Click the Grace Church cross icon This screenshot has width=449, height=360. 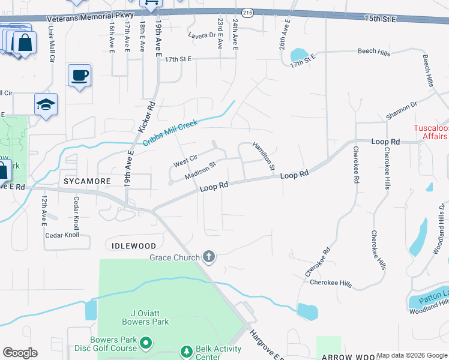pyautogui.click(x=209, y=257)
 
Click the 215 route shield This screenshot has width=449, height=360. pyautogui.click(x=248, y=11)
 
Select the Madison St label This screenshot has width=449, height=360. pyautogui.click(x=200, y=169)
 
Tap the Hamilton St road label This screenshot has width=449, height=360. pyautogui.click(x=264, y=155)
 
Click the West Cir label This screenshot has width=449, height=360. pyautogui.click(x=185, y=161)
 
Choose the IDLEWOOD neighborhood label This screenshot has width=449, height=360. pyautogui.click(x=134, y=246)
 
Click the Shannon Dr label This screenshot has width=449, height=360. pyautogui.click(x=402, y=108)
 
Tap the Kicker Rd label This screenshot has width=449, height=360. pyautogui.click(x=147, y=116)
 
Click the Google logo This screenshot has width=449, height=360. pyautogui.click(x=20, y=353)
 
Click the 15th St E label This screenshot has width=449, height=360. pyautogui.click(x=381, y=20)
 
